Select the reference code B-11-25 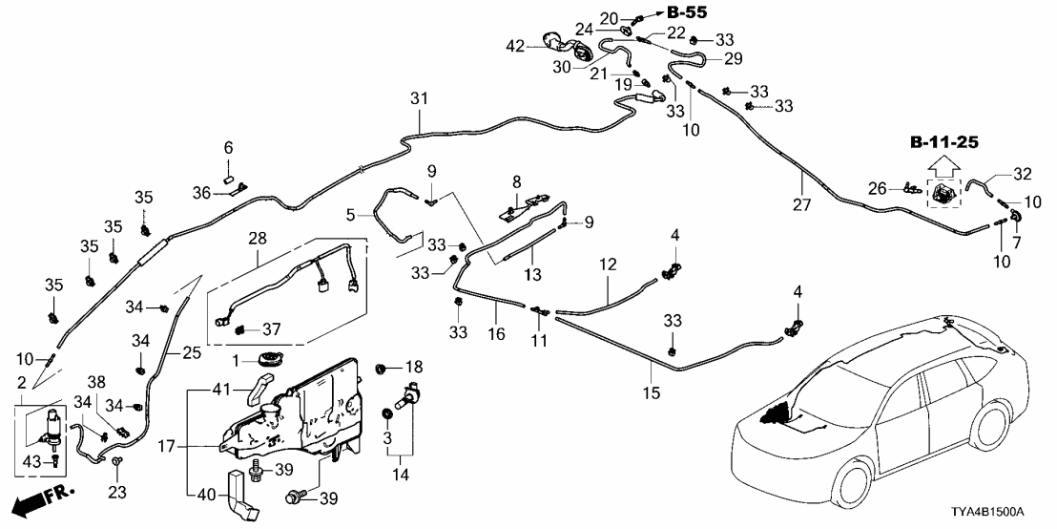click(x=945, y=144)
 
